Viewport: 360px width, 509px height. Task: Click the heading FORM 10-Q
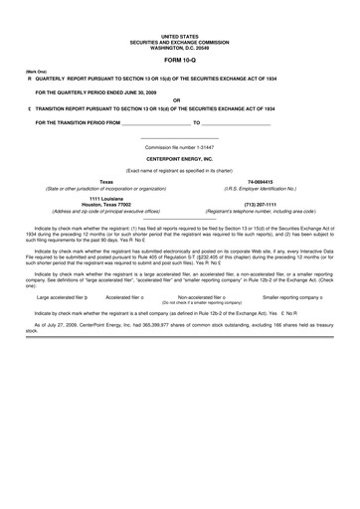[x=179, y=35]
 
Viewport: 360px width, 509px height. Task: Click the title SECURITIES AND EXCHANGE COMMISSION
[x=179, y=16]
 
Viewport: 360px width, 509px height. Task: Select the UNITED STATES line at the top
[x=179, y=10]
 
